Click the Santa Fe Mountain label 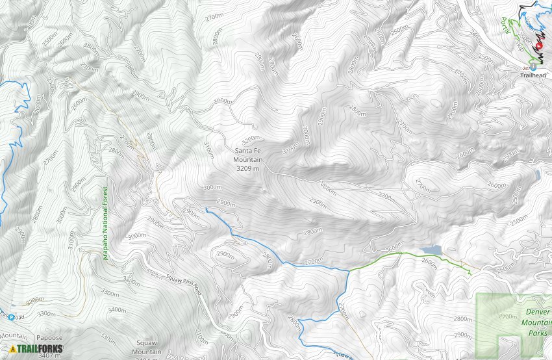(249, 154)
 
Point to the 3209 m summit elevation (249, 168)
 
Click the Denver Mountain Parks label (537, 322)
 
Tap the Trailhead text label (533, 75)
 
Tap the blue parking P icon (10, 318)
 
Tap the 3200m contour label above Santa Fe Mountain (251, 139)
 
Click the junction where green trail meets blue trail (349, 270)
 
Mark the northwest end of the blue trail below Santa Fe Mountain (206, 209)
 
